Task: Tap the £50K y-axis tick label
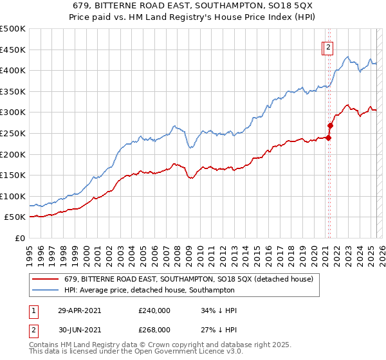(x=15, y=217)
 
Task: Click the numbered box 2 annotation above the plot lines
(x=327, y=46)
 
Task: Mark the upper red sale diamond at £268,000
(x=331, y=126)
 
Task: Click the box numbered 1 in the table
(x=34, y=310)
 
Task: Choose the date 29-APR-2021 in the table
(x=79, y=310)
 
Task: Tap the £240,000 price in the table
(x=154, y=310)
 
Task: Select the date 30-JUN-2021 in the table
(x=79, y=329)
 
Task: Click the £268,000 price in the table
(x=154, y=329)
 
